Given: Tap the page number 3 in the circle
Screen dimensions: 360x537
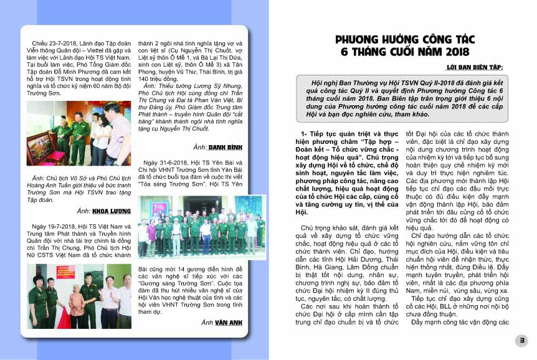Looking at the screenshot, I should tap(522, 340).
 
